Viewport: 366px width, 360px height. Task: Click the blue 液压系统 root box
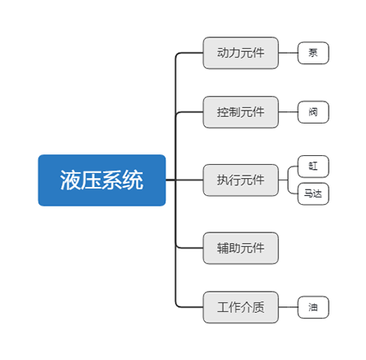point(102,180)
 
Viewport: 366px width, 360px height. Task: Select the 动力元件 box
point(241,53)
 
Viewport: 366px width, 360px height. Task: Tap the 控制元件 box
point(241,112)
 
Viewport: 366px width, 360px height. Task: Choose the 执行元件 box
point(241,180)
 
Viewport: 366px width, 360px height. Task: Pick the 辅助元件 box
point(241,248)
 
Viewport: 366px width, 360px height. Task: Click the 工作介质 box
point(241,307)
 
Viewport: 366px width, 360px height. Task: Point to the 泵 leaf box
point(313,53)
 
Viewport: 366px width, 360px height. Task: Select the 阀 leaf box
point(313,112)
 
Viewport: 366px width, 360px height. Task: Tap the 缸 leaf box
point(313,167)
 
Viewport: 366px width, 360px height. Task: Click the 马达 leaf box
point(313,193)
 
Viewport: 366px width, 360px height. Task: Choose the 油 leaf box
point(313,307)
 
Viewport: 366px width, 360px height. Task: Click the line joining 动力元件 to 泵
point(288,53)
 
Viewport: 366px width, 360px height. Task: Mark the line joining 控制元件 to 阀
point(288,112)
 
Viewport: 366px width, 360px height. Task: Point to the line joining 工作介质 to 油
point(288,307)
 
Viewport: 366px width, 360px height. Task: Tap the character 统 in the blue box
point(133,180)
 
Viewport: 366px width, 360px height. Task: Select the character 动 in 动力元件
point(223,53)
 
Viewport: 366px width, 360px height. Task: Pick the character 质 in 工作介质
point(259,307)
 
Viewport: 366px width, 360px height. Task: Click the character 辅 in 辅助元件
point(223,248)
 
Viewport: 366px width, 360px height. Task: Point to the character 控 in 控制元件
point(223,112)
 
